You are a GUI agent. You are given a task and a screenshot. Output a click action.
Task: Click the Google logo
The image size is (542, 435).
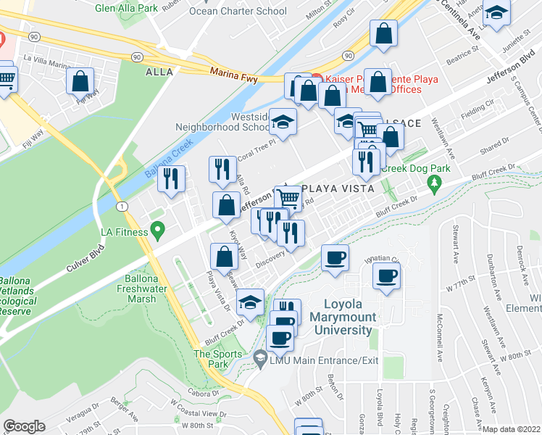(x=24, y=426)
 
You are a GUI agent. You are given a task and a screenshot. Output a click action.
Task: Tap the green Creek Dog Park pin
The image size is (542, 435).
(x=434, y=181)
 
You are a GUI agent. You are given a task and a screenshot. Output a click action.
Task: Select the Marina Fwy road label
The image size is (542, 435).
(x=234, y=72)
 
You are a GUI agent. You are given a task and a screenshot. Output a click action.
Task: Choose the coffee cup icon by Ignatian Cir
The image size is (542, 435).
(x=335, y=258)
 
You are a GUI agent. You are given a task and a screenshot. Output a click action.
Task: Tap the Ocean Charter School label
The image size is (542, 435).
(x=237, y=11)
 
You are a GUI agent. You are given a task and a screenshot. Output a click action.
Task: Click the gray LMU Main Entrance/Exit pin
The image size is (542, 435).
(x=260, y=358)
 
